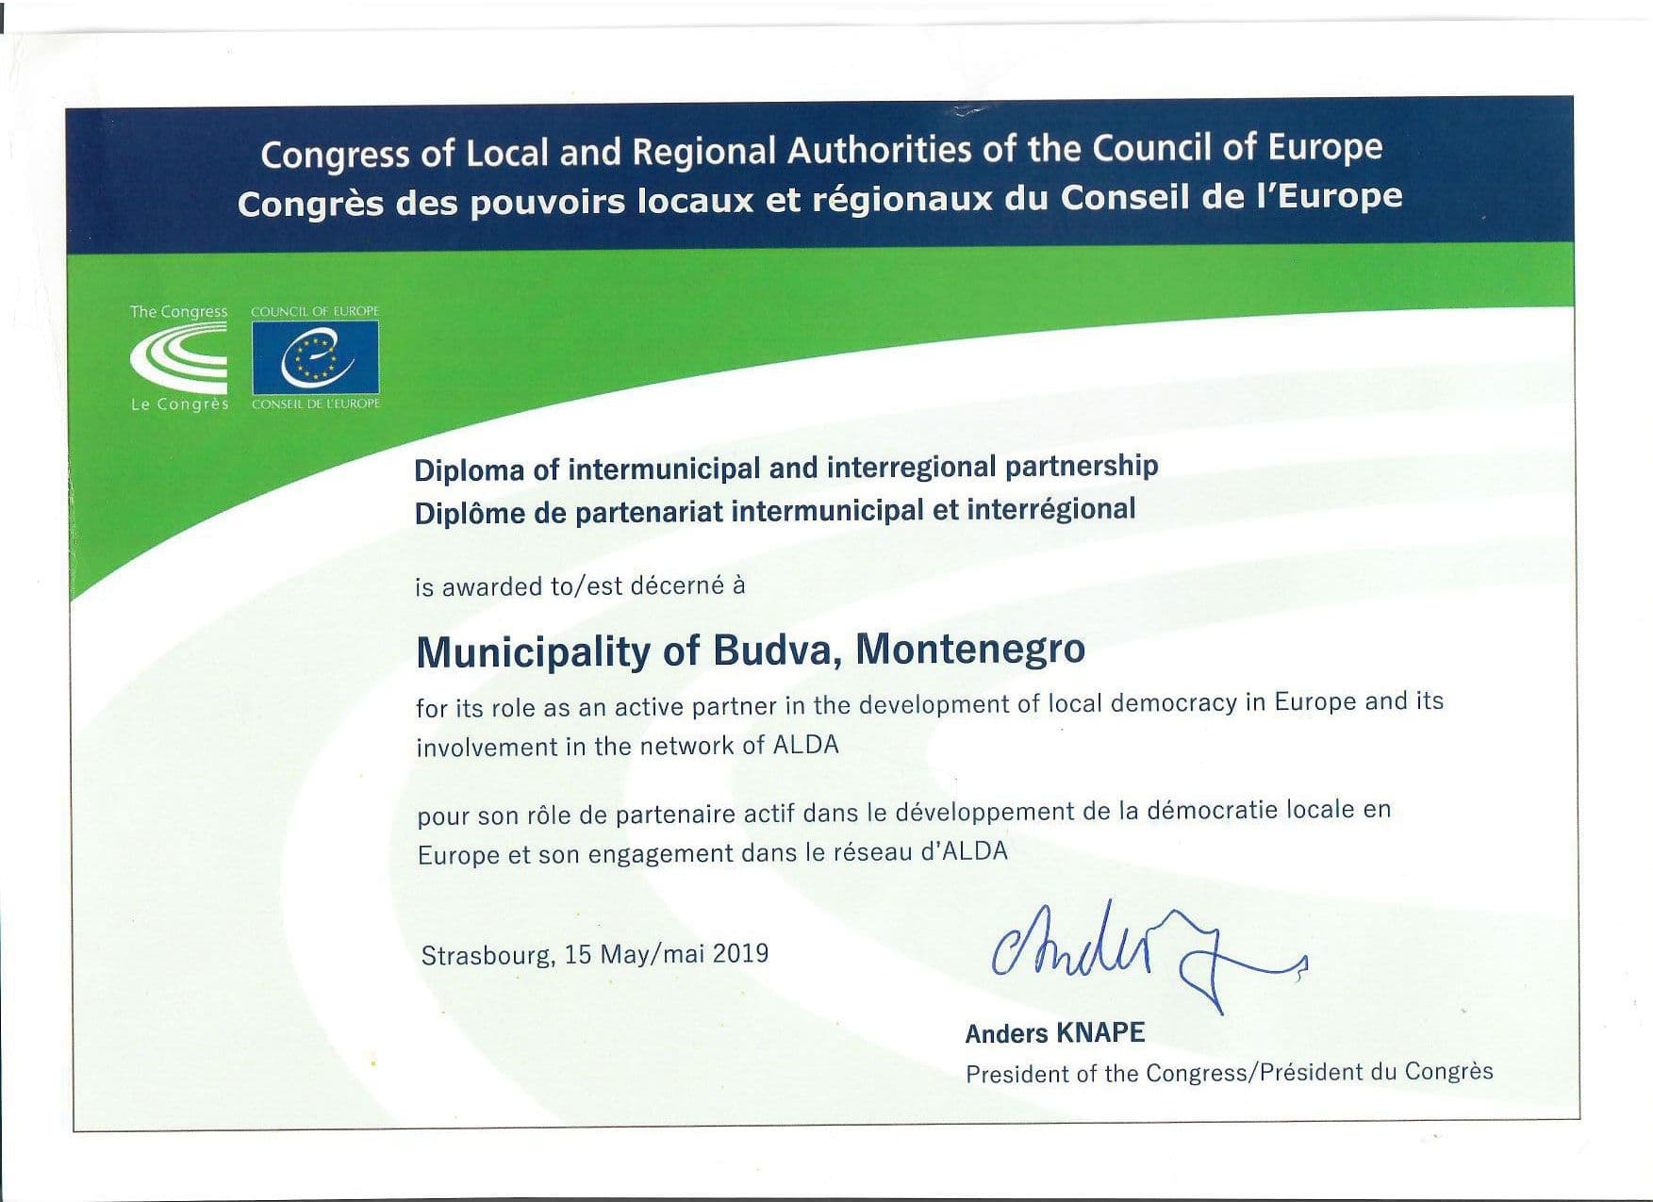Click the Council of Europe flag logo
[315, 357]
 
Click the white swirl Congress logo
[179, 357]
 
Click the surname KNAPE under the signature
[1101, 1033]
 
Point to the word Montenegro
[970, 649]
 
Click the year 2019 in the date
[740, 953]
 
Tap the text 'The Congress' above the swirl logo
[178, 311]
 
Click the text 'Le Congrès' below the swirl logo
[179, 404]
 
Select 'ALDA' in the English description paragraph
[805, 746]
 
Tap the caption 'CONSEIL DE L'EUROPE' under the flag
[315, 403]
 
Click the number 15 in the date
[577, 954]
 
